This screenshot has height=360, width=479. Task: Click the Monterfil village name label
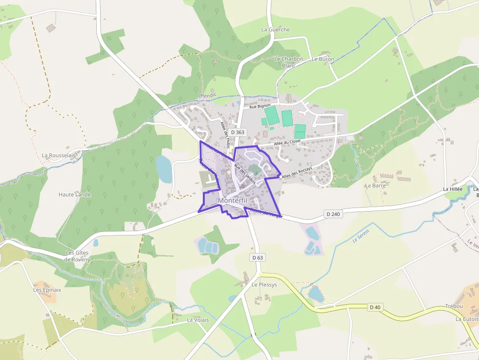(x=233, y=200)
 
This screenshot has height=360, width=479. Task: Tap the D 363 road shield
(x=238, y=132)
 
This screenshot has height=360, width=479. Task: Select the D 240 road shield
(x=332, y=214)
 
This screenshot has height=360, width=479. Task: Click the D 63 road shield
(x=258, y=257)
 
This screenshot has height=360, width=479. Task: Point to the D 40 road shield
(x=375, y=307)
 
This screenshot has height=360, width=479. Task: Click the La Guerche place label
(x=276, y=29)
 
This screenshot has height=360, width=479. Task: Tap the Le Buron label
(x=323, y=59)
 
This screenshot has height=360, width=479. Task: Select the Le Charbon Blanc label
(x=289, y=62)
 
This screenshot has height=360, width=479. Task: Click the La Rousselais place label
(x=59, y=155)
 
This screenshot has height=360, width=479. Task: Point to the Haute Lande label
(x=75, y=194)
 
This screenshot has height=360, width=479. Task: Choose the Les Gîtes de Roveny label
(x=79, y=256)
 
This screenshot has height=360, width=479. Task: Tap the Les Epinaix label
(x=47, y=290)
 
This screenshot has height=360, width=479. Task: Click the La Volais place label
(x=198, y=320)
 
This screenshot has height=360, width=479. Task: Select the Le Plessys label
(x=264, y=284)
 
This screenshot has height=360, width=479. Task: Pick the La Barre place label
(x=375, y=186)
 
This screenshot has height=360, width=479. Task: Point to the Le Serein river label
(x=361, y=235)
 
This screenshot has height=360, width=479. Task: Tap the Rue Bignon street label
(x=260, y=106)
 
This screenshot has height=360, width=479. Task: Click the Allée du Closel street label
(x=287, y=142)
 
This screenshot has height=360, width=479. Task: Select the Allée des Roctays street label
(x=297, y=172)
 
